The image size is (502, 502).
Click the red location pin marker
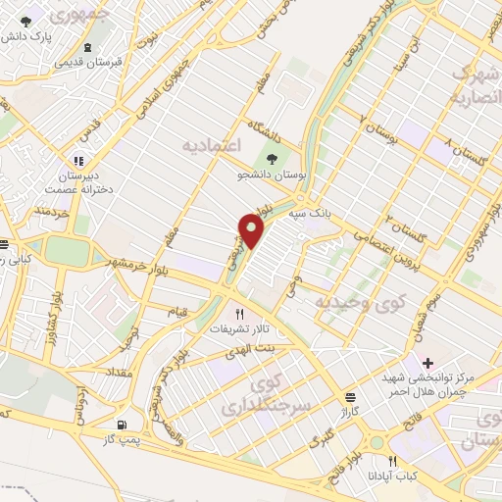pyautogui.click(x=252, y=230)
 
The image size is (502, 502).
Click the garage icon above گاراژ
pyautogui.click(x=350, y=396)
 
